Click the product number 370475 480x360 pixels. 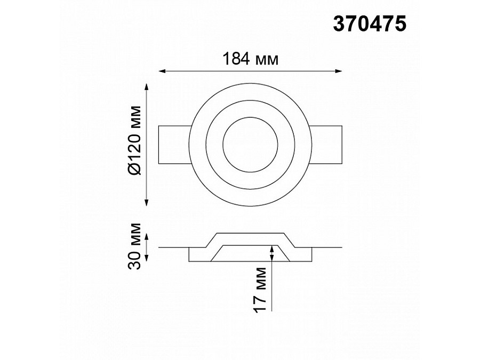[370, 24]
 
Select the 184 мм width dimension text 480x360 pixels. [251, 59]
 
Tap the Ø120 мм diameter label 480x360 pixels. [135, 140]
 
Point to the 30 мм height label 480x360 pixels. [135, 246]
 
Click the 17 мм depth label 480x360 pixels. [260, 290]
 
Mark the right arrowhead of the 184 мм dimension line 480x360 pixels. [338, 71]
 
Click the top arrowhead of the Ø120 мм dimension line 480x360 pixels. [147, 87]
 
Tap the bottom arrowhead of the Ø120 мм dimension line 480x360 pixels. [147, 202]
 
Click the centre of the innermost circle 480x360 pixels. [251, 145]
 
